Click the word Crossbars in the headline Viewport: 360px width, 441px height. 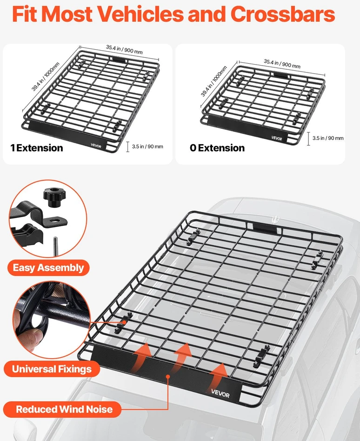point(283,14)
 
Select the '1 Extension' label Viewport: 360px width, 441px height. point(37,148)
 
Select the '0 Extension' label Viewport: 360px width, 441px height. point(217,148)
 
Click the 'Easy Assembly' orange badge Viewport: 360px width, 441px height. point(48,267)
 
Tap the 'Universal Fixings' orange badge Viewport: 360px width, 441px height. point(52,369)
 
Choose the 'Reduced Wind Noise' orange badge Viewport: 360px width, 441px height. point(62,409)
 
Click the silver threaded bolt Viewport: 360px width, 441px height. point(56,246)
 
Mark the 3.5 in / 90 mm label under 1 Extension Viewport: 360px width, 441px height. point(147,147)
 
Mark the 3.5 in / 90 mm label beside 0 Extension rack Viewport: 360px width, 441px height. point(328,138)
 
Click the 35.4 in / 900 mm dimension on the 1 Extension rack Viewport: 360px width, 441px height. point(124,49)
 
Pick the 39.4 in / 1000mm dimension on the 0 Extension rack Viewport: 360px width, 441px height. point(214,81)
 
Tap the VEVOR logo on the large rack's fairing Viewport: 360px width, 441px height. point(220,393)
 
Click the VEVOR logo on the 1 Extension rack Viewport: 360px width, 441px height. point(96,146)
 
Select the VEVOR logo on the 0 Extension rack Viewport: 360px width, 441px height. point(277,138)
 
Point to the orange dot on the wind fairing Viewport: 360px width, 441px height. point(168,376)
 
